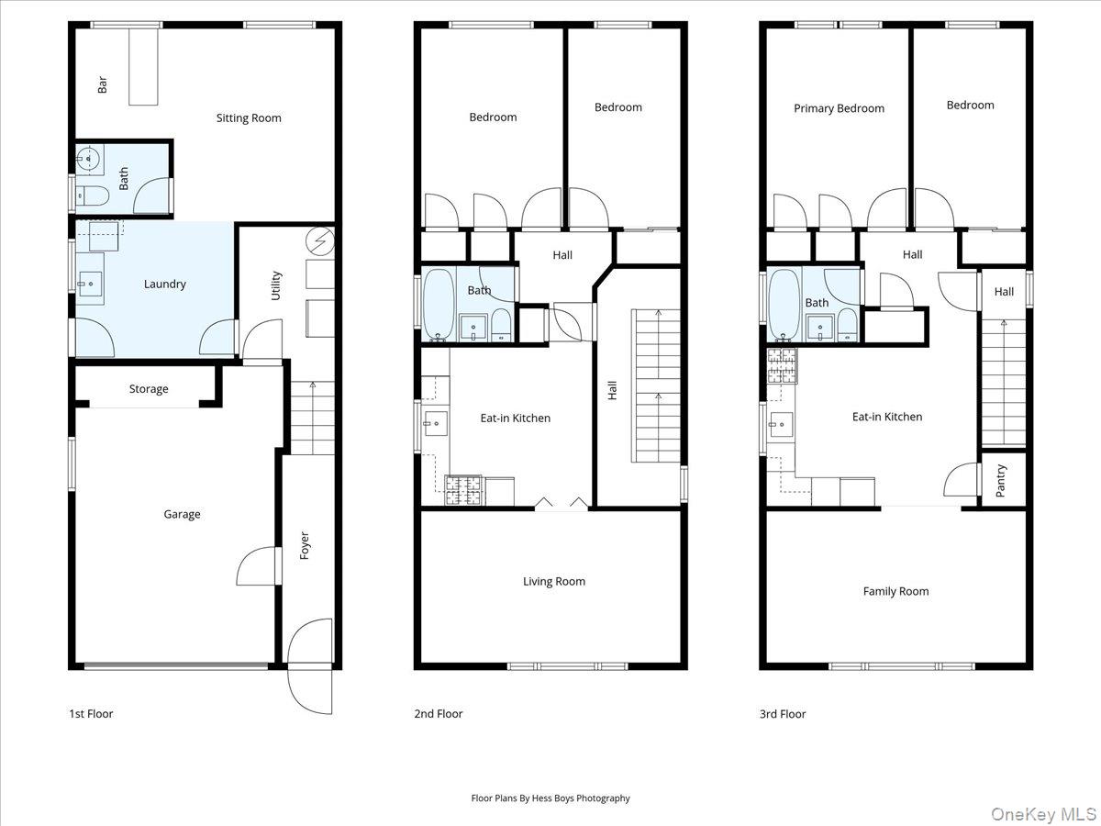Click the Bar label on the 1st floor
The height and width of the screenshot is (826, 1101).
coord(103,84)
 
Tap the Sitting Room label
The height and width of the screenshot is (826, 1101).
coord(249,117)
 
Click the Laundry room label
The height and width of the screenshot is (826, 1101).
coord(165,284)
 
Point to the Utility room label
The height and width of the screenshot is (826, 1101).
coord(276,285)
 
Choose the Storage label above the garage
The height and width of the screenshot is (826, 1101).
coord(149,389)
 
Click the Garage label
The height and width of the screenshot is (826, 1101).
coord(182,514)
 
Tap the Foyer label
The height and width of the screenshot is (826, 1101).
coord(305,546)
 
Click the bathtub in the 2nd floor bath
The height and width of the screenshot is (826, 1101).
coord(437,303)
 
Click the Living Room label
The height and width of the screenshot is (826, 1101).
coord(554,581)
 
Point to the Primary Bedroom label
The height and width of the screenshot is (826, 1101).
coord(839,108)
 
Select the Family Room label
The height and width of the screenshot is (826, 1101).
coord(895,591)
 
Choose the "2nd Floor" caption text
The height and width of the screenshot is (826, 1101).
coord(439,713)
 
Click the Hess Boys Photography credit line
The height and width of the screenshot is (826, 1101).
coord(550,798)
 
